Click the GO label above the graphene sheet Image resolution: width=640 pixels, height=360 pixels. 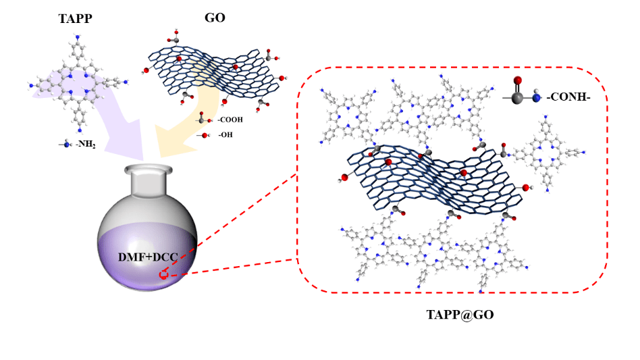[215, 18]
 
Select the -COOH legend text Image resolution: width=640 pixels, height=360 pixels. [230, 120]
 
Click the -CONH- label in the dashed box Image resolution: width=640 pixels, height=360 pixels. [570, 98]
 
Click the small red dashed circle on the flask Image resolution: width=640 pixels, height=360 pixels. [163, 274]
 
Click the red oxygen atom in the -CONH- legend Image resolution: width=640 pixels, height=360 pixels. [517, 81]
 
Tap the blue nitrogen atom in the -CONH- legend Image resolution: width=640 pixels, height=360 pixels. [535, 99]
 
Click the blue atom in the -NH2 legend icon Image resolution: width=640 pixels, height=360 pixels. [66, 143]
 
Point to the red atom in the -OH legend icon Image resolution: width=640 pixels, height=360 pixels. [205, 135]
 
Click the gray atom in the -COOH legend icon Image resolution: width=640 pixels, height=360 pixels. [202, 120]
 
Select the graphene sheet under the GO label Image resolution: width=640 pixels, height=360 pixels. [213, 71]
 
